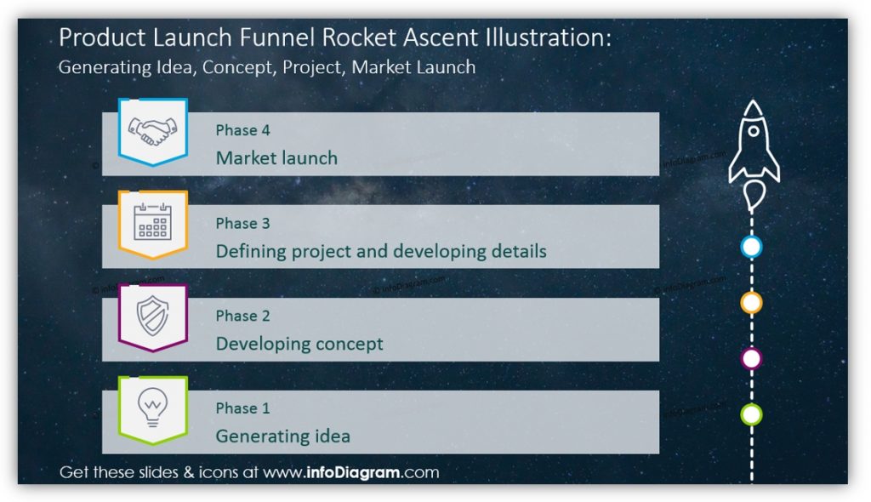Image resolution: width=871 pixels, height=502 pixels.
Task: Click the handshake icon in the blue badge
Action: [x=153, y=131]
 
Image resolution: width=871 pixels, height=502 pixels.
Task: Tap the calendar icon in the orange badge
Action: [x=153, y=221]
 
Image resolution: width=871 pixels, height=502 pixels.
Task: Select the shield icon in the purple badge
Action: [x=153, y=315]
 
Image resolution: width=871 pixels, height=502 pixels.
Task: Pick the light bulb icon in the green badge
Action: [x=153, y=407]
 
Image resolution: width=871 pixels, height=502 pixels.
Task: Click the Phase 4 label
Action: [x=242, y=130]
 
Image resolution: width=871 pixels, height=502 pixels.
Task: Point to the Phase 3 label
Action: [x=242, y=223]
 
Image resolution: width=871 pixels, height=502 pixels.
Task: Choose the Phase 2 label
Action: [x=242, y=316]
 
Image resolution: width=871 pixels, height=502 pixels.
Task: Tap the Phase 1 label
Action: [x=242, y=408]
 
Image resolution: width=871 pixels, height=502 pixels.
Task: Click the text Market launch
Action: [x=276, y=158]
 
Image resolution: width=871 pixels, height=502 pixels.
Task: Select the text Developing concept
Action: [x=299, y=344]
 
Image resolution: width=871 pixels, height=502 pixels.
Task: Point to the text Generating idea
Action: [x=282, y=436]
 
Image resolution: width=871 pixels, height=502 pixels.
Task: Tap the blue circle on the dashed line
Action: [x=752, y=247]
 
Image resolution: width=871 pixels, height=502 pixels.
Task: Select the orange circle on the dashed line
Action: [x=752, y=303]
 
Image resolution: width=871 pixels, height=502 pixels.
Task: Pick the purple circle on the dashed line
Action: [x=752, y=358]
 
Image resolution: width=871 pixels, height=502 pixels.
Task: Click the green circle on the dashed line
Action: [x=752, y=414]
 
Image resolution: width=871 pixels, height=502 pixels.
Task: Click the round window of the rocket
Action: [x=754, y=131]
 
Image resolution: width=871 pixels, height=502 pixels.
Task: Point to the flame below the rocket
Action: [x=754, y=196]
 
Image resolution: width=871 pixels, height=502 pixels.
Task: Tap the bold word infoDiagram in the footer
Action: [x=353, y=472]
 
